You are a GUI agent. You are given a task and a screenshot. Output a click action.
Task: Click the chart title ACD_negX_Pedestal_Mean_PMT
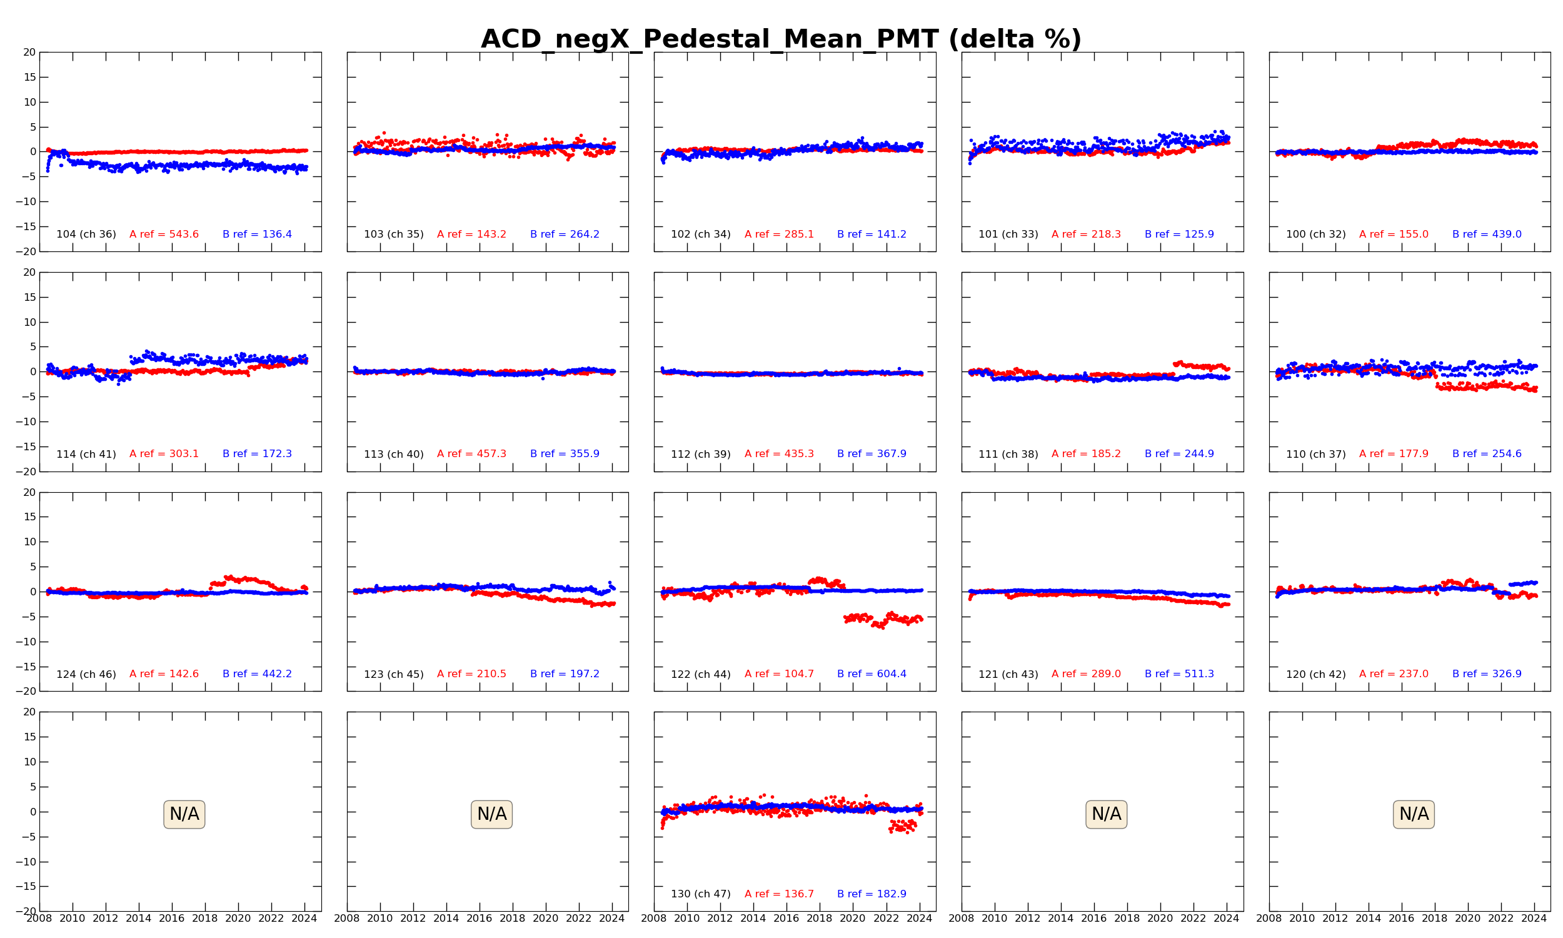click(709, 39)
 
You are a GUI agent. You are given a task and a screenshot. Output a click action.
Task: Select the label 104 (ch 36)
click(86, 234)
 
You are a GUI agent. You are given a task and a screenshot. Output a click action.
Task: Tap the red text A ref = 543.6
click(164, 234)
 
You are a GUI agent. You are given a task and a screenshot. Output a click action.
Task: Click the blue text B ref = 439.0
click(1487, 234)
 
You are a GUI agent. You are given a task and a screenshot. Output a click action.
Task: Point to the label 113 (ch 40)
click(394, 454)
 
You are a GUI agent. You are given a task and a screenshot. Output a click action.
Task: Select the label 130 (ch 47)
click(701, 894)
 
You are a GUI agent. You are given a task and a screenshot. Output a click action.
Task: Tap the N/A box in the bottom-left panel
click(184, 814)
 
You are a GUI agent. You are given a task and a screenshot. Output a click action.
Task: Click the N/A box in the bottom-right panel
click(1414, 814)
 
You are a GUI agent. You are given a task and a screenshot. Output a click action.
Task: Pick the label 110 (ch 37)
click(1316, 454)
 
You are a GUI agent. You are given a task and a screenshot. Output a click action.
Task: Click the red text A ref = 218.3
click(1086, 234)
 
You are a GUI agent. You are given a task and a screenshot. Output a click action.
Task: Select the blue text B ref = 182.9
click(872, 894)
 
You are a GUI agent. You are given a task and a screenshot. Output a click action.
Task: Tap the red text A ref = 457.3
click(471, 454)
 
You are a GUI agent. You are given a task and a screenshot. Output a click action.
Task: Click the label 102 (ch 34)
click(701, 234)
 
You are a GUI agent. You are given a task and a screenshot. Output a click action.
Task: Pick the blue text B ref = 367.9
click(872, 454)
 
